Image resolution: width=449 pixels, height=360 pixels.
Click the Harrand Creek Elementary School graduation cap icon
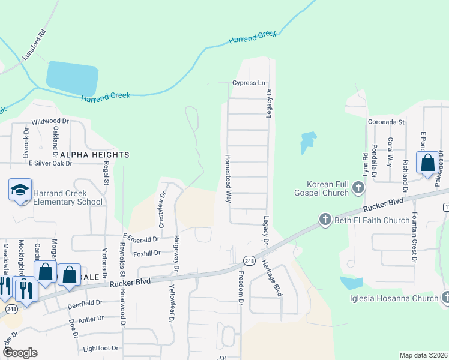pos(20,190)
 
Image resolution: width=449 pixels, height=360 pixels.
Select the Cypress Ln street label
pos(249,83)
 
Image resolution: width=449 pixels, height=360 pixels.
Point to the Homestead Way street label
pos(228,179)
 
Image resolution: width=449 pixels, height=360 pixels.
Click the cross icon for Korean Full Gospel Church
pos(358,188)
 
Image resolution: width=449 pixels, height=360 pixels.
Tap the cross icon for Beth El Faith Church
pos(325,220)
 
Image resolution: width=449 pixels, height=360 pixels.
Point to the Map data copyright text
pos(423,355)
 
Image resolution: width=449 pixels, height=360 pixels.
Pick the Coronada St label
pos(386,121)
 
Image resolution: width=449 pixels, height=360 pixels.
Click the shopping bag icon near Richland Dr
pos(428,163)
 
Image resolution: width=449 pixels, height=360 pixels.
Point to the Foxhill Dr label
pos(148,253)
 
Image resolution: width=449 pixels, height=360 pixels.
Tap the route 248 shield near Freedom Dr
pos(250,260)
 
